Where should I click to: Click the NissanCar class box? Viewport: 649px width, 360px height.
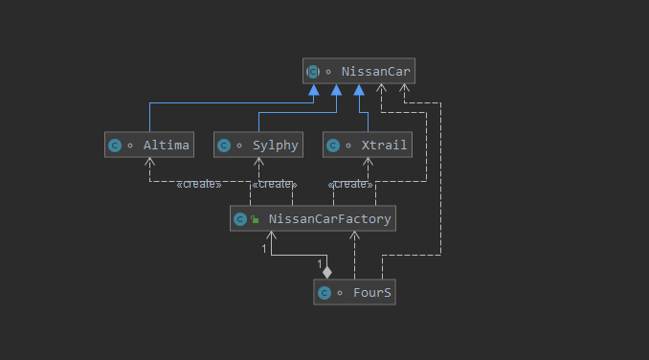pyautogui.click(x=359, y=71)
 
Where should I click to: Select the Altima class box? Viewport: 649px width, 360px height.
pyautogui.click(x=149, y=145)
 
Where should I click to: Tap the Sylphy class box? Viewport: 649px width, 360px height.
pyautogui.click(x=258, y=145)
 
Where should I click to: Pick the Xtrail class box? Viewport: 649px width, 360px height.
pyautogui.click(x=368, y=145)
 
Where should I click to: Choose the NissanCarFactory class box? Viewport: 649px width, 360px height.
pyautogui.click(x=313, y=218)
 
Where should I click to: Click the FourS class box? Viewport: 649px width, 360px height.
pyautogui.click(x=355, y=292)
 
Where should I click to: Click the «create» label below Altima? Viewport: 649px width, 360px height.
pyautogui.click(x=199, y=184)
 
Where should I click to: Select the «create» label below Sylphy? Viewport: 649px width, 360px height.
pyautogui.click(x=275, y=184)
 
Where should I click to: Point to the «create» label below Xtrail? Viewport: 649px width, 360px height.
pyautogui.click(x=350, y=184)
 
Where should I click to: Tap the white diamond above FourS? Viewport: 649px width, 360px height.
pyautogui.click(x=327, y=272)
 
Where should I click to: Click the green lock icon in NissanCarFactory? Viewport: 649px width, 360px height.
pyautogui.click(x=255, y=219)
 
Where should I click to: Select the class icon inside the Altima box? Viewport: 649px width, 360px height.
pyautogui.click(x=115, y=146)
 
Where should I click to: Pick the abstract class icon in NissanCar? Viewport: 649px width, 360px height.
pyautogui.click(x=313, y=72)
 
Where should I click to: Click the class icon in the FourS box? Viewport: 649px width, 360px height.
pyautogui.click(x=324, y=293)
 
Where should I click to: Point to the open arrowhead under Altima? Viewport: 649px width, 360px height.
pyautogui.click(x=150, y=162)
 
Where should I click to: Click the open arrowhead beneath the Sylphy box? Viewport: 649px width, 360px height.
pyautogui.click(x=258, y=162)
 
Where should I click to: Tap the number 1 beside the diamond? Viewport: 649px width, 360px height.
pyautogui.click(x=320, y=263)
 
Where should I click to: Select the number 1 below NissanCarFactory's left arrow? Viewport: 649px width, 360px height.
pyautogui.click(x=264, y=249)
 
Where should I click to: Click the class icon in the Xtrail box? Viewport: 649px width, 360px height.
pyautogui.click(x=333, y=146)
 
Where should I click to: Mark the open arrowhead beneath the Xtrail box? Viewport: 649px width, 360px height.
pyautogui.click(x=368, y=162)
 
